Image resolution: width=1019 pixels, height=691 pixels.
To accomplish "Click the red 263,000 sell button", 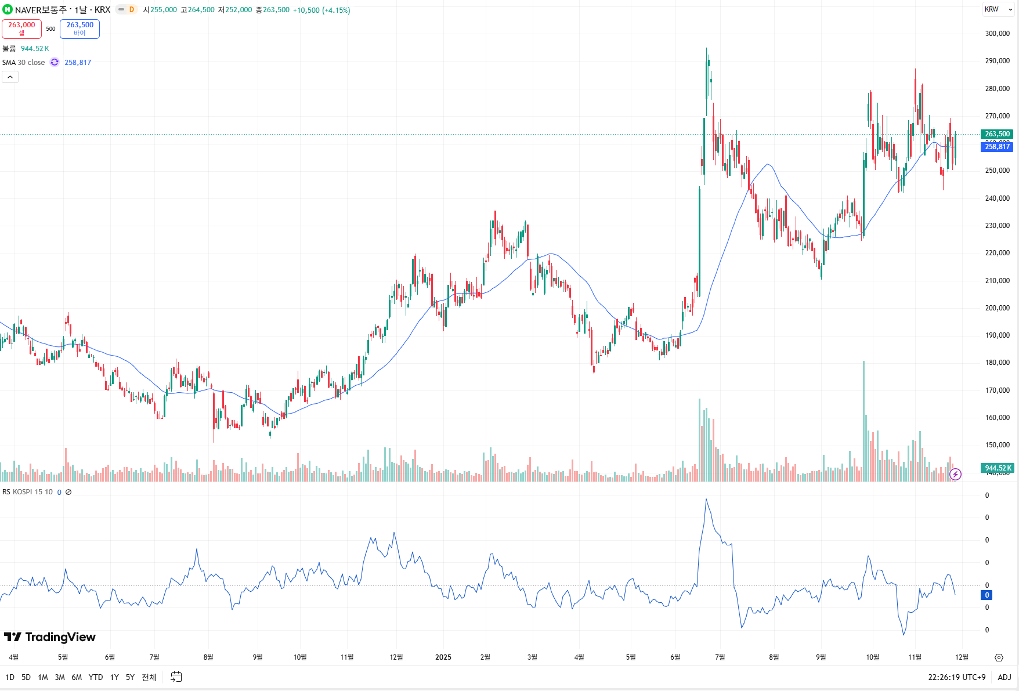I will click(x=21, y=28).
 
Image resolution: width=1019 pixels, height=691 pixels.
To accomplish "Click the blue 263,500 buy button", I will click(x=80, y=28).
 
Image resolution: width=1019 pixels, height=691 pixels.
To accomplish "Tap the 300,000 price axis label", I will click(x=997, y=34).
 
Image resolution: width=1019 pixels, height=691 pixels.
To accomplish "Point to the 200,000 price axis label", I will click(x=997, y=308).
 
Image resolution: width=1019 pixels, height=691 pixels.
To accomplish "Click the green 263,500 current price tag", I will click(x=997, y=134).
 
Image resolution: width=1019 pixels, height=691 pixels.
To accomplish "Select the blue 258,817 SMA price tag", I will click(x=997, y=147).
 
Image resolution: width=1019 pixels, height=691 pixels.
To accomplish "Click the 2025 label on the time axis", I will click(x=443, y=657).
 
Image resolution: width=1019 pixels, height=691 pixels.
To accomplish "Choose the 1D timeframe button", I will click(x=10, y=677).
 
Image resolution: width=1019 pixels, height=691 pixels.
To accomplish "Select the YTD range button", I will click(x=96, y=677).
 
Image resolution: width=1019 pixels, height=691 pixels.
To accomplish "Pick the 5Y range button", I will click(x=130, y=677).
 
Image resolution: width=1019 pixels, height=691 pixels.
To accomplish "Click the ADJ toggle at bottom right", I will click(x=1004, y=677).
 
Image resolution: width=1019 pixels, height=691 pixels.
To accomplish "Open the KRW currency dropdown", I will click(x=998, y=9).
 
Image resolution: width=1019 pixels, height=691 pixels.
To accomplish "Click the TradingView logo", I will click(x=50, y=637).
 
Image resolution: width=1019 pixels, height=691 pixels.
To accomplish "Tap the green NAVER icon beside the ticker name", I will click(x=8, y=10).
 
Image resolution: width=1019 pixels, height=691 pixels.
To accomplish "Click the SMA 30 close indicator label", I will click(x=23, y=63).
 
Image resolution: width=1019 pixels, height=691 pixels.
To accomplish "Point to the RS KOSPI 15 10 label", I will click(x=27, y=492).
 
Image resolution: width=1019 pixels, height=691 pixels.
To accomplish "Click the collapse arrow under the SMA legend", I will click(x=10, y=77).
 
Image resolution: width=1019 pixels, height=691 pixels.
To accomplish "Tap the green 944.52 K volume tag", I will click(x=997, y=468).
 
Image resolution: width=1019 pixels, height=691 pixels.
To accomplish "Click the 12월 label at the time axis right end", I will click(x=962, y=657).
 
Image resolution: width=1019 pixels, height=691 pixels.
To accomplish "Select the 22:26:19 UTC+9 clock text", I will click(x=956, y=677).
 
